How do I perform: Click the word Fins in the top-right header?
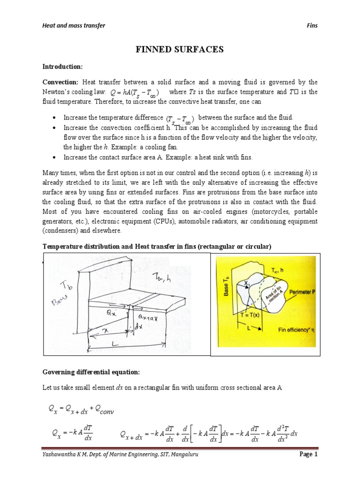312,25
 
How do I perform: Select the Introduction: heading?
62,67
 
